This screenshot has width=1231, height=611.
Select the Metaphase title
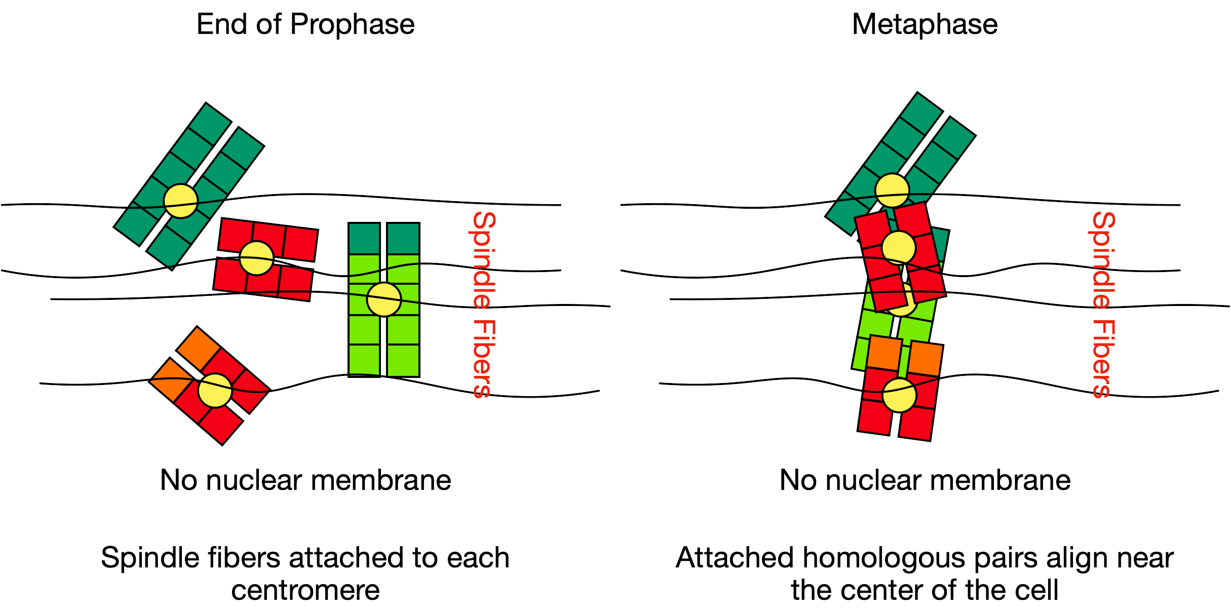click(x=925, y=24)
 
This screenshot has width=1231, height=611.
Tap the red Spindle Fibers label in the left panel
click(x=483, y=304)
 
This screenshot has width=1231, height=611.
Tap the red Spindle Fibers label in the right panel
click(x=1103, y=304)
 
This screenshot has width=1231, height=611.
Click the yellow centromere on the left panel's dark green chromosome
click(x=181, y=201)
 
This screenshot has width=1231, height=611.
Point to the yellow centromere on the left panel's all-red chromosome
click(x=257, y=258)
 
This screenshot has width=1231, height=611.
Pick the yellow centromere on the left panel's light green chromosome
click(x=384, y=299)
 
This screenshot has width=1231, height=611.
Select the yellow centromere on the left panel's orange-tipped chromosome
click(x=215, y=391)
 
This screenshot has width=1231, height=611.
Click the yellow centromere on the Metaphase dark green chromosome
click(x=892, y=190)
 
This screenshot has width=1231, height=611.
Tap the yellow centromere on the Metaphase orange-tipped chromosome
click(x=899, y=395)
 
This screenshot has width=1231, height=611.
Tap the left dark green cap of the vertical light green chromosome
click(x=364, y=238)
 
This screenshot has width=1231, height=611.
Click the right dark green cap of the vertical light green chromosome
click(x=403, y=238)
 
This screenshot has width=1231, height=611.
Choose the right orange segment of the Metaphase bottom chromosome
click(x=926, y=359)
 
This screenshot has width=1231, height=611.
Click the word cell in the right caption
click(x=1037, y=590)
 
